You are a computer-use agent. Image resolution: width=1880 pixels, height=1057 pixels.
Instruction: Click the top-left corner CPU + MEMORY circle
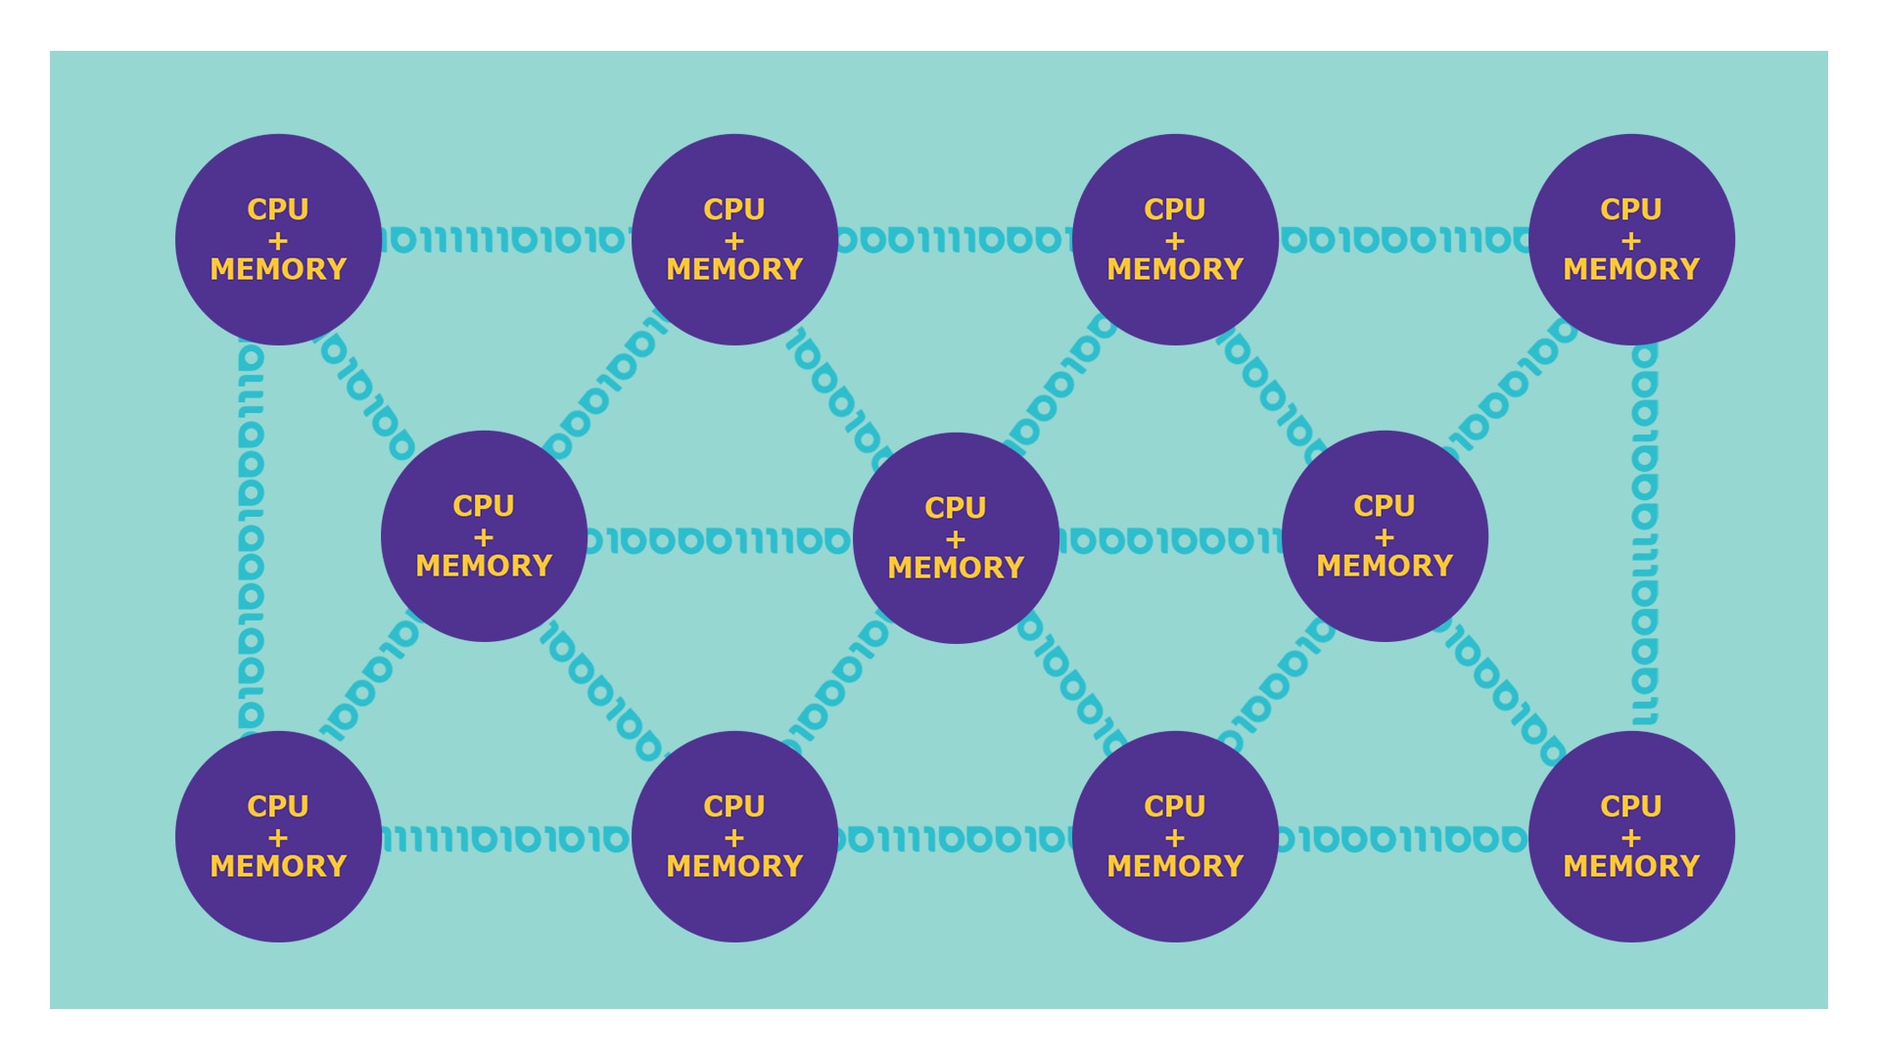tap(278, 240)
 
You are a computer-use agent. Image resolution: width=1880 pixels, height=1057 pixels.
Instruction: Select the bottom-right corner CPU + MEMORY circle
tap(1631, 837)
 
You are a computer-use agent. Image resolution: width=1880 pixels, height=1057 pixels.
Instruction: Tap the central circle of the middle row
tap(956, 538)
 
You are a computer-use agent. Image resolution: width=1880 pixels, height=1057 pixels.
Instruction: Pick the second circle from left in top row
tap(734, 240)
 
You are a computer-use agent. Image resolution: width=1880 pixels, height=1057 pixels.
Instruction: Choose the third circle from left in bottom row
tap(1175, 837)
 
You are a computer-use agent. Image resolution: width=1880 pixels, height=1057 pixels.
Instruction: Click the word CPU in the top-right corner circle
tap(1631, 209)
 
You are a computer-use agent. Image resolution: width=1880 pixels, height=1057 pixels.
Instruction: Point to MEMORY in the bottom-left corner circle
tap(278, 866)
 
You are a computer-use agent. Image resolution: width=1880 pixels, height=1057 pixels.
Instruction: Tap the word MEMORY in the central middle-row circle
tap(956, 568)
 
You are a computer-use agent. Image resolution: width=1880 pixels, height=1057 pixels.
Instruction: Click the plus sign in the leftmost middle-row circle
tap(484, 537)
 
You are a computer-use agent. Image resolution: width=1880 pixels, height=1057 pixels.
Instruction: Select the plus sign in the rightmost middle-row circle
tap(1385, 537)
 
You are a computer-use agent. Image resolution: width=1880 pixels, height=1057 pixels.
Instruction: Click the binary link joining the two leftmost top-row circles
tap(506, 240)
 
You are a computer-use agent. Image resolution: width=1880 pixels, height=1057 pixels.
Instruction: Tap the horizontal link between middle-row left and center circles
tap(720, 540)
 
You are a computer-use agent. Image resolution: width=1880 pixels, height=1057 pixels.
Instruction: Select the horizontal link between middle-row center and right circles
tap(1170, 540)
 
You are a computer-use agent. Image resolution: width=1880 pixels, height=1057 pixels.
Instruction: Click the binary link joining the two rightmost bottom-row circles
tap(1403, 839)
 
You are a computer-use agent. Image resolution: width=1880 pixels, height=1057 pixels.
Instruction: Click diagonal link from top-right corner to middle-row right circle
tap(1513, 387)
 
